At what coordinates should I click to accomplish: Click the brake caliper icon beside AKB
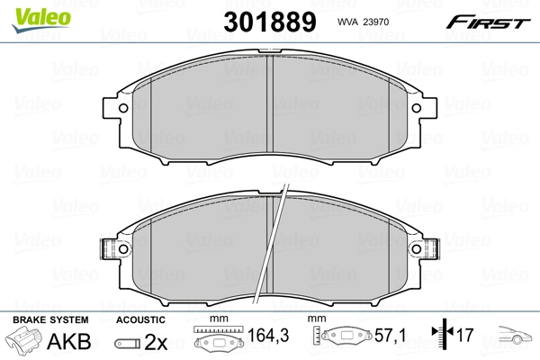pos(22,343)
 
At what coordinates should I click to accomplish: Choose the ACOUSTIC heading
pos(141,319)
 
